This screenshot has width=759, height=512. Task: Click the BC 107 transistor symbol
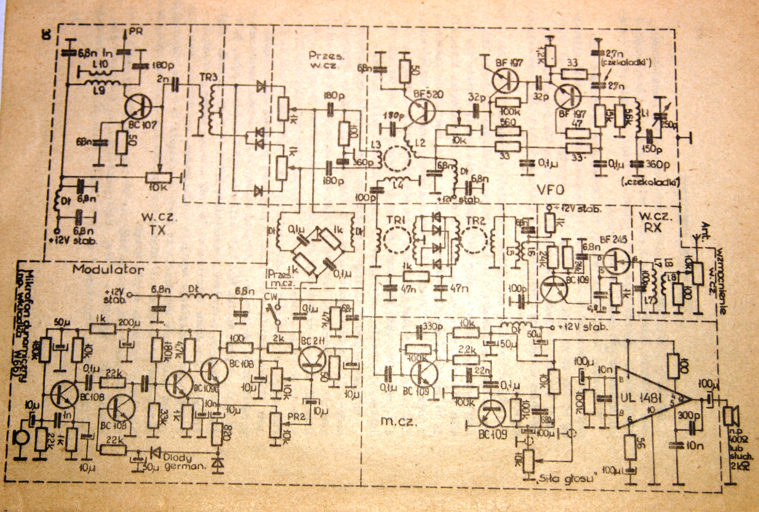point(137,107)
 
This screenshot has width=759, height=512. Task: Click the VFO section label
point(550,190)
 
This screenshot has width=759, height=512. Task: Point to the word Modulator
point(108,269)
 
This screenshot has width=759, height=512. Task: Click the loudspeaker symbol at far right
point(732,416)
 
